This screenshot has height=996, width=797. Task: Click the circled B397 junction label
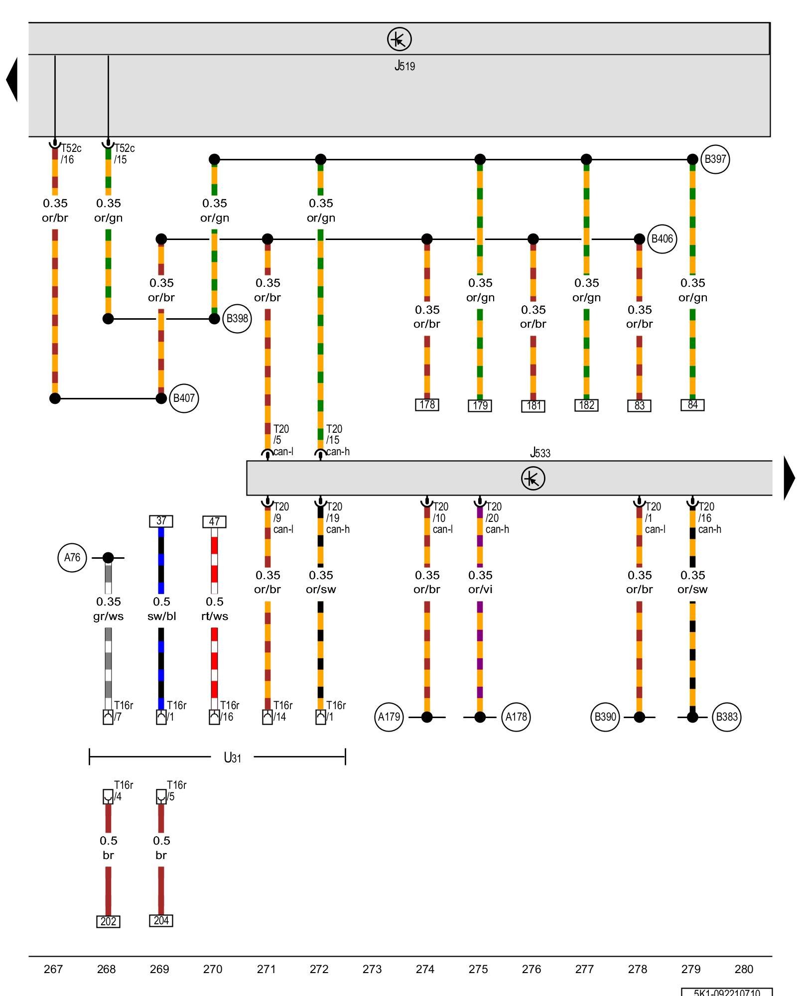click(715, 159)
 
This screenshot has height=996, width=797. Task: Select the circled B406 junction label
click(662, 239)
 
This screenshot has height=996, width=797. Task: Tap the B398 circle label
click(237, 319)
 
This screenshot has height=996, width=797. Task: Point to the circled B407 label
click(184, 398)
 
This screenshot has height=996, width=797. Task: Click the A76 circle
click(72, 558)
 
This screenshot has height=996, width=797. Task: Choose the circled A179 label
click(389, 717)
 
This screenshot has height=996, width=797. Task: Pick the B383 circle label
click(726, 717)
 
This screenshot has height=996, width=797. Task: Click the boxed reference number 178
click(427, 405)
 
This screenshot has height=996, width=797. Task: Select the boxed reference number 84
click(692, 405)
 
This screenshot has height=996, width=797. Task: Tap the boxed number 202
click(108, 921)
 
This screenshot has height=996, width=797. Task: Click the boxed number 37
click(161, 521)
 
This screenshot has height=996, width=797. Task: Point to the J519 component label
click(404, 66)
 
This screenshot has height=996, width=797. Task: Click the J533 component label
click(540, 453)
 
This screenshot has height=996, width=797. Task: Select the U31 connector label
click(232, 758)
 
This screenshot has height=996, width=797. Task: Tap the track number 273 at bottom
click(372, 969)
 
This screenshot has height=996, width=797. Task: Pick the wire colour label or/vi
click(480, 590)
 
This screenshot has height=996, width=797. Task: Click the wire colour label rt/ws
click(215, 616)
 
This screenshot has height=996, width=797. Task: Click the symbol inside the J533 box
click(532, 478)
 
